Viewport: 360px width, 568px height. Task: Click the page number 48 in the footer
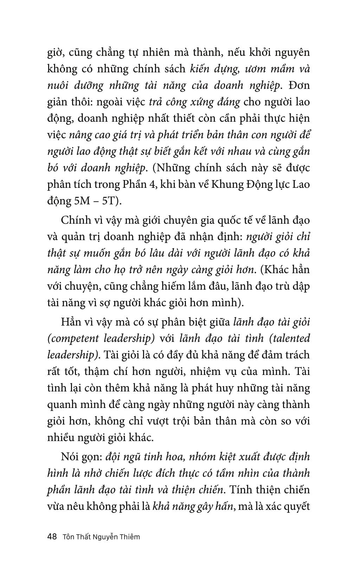click(52, 537)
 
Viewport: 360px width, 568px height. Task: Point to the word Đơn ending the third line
click(298, 85)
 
